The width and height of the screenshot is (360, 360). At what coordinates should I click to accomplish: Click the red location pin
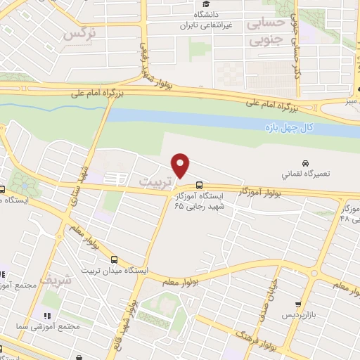181,166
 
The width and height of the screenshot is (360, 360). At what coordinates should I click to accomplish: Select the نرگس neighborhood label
79,33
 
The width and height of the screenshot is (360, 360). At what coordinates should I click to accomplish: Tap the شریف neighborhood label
56,279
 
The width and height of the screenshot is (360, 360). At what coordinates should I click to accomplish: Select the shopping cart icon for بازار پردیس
299,304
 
